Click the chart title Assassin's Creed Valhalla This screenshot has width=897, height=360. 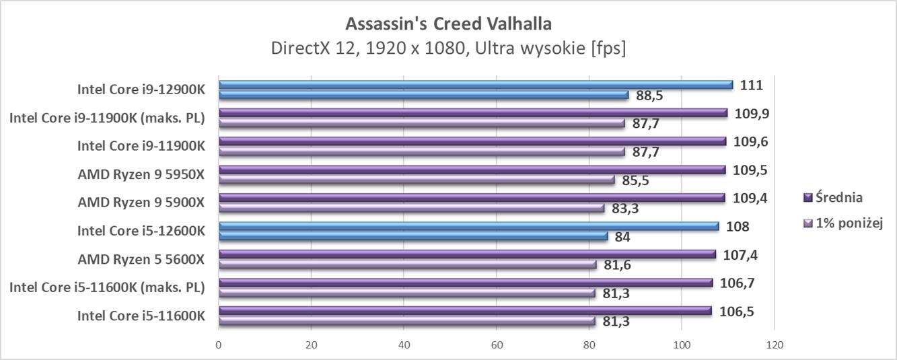point(448,24)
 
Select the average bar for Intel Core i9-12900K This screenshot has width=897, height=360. point(475,85)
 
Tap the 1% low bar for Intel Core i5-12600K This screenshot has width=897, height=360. point(413,237)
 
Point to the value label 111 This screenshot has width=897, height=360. point(751,85)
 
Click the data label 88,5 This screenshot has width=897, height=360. point(649,96)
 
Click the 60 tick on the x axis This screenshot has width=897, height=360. point(497,345)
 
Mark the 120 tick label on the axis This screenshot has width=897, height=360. point(775,345)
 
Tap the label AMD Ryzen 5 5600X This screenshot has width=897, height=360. point(141,259)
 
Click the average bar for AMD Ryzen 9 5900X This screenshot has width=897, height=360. point(471,198)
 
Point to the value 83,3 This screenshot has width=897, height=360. point(625,209)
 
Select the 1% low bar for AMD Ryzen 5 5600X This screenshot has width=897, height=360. point(407,265)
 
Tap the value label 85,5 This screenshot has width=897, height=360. point(635,180)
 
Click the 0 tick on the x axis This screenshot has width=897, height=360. point(219,345)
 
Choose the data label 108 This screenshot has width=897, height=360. point(739,226)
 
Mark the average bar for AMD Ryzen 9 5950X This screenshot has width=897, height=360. point(472,170)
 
